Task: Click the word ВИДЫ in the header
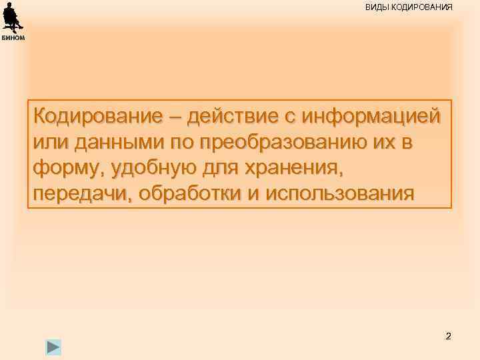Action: click(376, 7)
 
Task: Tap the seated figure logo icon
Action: click(12, 17)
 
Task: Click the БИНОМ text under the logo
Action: click(13, 37)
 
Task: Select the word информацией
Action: click(372, 116)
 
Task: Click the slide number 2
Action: click(448, 336)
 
